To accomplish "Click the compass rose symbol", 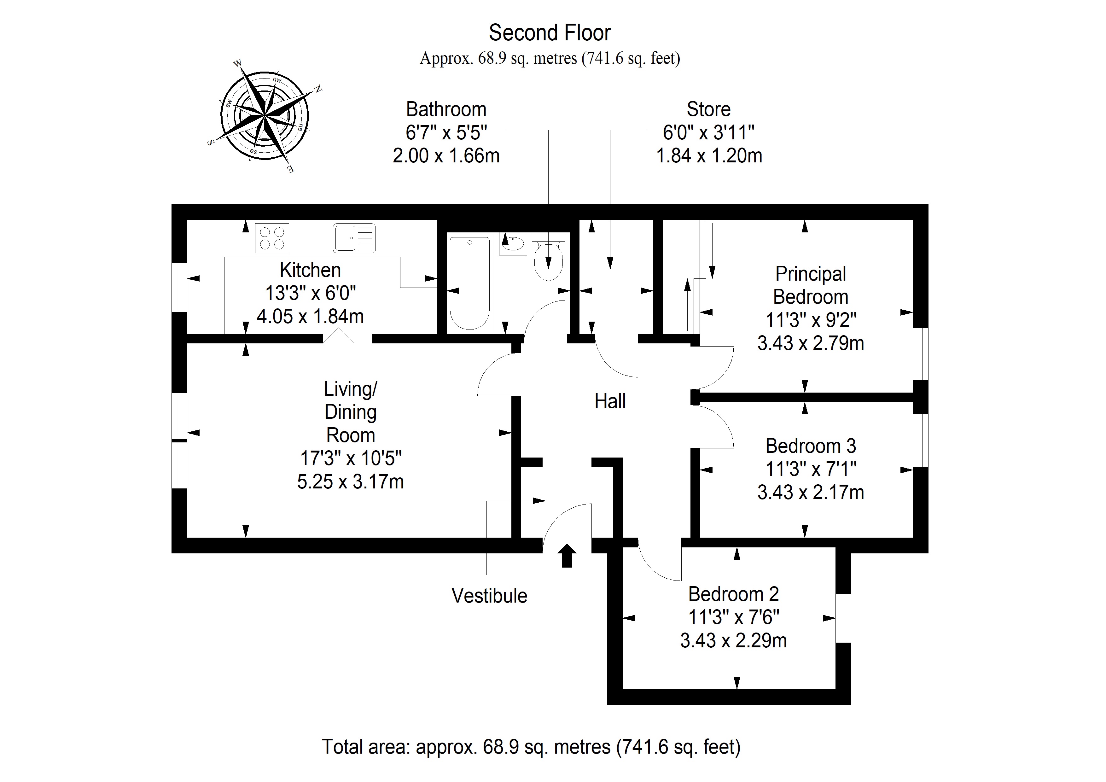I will point(265,116).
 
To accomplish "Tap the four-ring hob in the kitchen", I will point(272,238).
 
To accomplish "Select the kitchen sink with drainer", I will point(354,238).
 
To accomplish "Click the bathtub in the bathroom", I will point(470,283).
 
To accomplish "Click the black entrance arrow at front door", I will point(567,556).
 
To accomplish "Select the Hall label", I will point(610,401).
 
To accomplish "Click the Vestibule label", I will point(489,596).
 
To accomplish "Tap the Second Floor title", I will point(550,33).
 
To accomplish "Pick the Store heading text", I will point(708,109).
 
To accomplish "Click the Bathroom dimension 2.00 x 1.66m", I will point(446,156).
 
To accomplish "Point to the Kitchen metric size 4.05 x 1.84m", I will point(310,317).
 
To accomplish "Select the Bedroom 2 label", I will point(733,594).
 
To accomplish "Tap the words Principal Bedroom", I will point(810,285).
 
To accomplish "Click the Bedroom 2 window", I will point(843,618).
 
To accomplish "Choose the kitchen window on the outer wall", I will point(179,288).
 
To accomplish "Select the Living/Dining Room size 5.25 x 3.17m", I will point(350,482).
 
